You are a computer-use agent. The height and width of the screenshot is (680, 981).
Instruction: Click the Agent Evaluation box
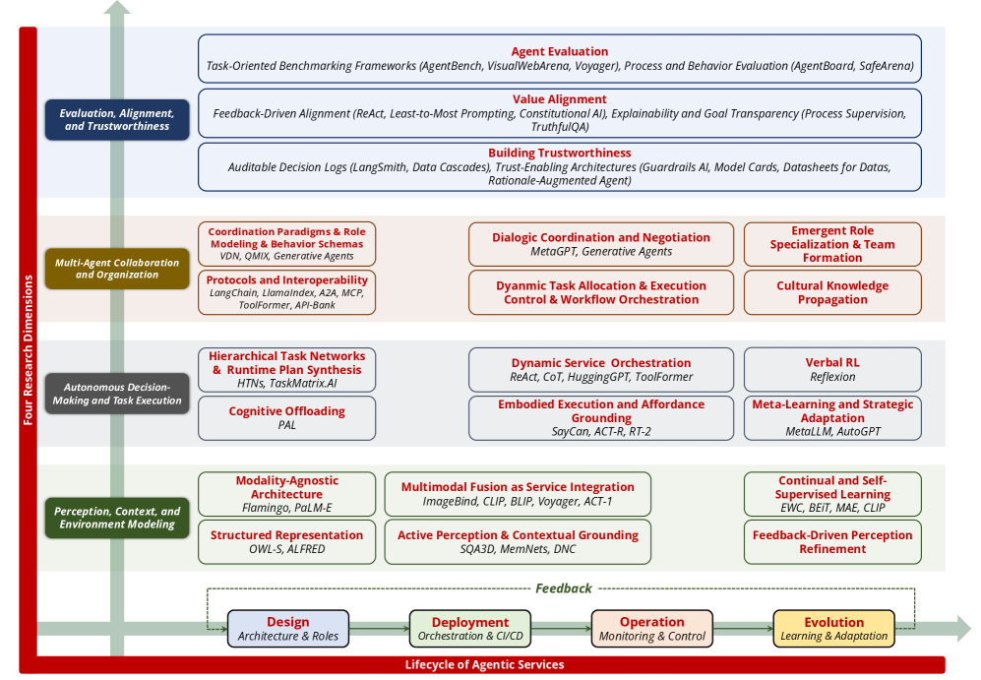[559, 59]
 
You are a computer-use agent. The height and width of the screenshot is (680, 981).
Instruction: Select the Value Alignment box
[559, 112]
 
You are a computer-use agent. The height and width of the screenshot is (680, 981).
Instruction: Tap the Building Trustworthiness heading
[559, 154]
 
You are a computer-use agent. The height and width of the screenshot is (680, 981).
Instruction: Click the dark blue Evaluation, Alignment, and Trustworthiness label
[117, 120]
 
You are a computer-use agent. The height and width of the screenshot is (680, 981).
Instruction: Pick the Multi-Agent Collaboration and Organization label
[117, 269]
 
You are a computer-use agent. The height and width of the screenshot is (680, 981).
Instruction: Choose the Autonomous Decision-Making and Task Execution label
[117, 394]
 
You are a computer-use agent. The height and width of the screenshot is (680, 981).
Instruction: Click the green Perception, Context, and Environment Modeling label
[117, 518]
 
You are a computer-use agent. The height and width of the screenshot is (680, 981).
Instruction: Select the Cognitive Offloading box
[286, 417]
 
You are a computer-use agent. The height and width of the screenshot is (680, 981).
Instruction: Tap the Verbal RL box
[831, 369]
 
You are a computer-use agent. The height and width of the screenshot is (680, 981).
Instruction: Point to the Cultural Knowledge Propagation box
[831, 292]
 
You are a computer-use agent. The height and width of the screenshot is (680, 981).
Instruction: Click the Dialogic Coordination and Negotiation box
[600, 244]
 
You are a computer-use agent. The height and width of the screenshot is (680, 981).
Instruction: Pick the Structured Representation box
[286, 541]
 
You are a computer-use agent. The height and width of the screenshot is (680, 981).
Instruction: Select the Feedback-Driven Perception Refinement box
[831, 541]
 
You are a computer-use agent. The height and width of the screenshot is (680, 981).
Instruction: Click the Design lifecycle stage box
[287, 629]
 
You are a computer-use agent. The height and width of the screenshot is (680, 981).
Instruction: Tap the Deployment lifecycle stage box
[469, 629]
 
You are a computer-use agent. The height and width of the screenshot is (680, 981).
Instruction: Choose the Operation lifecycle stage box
[651, 629]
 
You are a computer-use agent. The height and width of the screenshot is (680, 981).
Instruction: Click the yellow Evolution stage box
[833, 629]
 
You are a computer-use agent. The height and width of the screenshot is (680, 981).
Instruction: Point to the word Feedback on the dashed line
[564, 588]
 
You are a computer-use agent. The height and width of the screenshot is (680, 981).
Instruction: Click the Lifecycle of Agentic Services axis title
[484, 665]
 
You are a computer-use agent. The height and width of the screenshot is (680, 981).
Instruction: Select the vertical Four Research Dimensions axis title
[28, 349]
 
